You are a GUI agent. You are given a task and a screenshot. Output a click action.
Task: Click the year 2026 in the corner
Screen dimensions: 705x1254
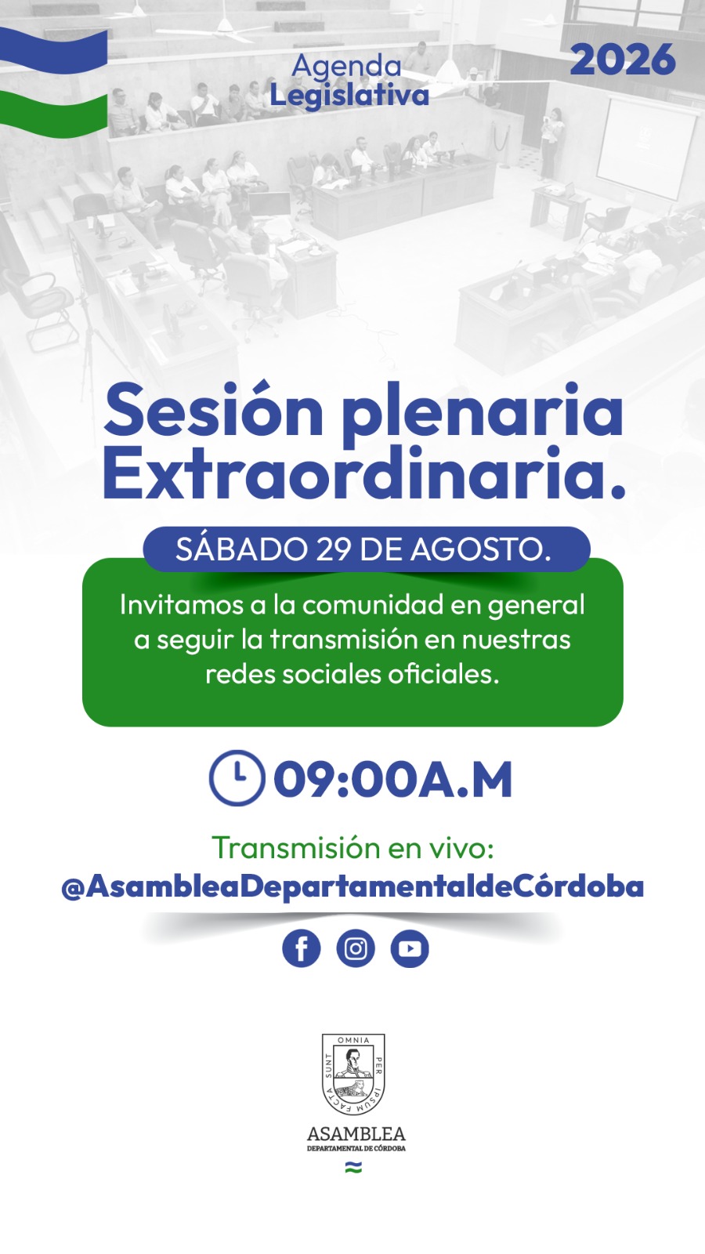[623, 60]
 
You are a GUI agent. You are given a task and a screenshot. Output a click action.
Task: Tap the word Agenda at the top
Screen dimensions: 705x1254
[346, 67]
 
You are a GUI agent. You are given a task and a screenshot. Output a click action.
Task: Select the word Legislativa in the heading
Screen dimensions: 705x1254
[349, 95]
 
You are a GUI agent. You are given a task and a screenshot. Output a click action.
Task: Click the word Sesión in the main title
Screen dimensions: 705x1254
[213, 410]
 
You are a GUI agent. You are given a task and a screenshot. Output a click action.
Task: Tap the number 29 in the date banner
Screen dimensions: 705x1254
[334, 549]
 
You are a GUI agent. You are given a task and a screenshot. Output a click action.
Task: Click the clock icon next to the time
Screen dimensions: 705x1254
[237, 777]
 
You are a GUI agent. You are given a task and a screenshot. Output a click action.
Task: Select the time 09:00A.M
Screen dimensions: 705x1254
[392, 779]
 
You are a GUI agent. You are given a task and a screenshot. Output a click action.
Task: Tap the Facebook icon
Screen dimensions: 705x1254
[301, 948]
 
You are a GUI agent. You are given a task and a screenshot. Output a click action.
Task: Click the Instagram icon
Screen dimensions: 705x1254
[356, 948]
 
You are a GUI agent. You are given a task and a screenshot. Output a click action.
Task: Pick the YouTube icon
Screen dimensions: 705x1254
[410, 948]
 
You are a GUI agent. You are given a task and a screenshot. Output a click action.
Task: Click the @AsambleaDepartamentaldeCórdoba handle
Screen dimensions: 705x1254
[352, 886]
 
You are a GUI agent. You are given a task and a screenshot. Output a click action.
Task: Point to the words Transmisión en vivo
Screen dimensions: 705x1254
[352, 848]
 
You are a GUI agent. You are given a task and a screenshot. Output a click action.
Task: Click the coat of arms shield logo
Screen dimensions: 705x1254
[353, 1074]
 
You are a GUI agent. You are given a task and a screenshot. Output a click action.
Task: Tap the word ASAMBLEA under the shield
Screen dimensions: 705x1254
[356, 1134]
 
